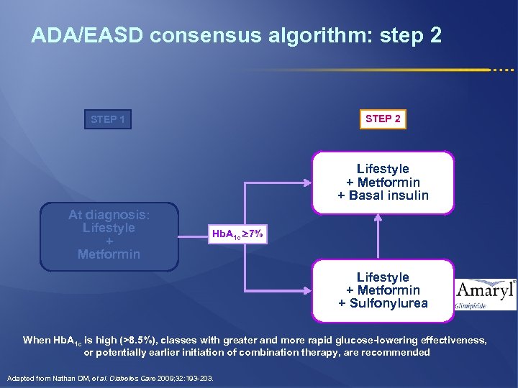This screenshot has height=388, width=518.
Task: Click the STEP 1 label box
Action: coord(108,119)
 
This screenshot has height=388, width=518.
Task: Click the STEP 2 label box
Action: coord(383,119)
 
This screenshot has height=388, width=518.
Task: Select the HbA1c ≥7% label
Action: coord(238,234)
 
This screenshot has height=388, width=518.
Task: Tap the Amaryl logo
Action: coord(486,292)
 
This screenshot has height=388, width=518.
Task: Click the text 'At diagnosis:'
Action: coord(109,214)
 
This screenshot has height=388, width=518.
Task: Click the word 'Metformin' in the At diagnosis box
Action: coord(109,254)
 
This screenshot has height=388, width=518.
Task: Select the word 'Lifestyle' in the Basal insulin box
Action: coord(383,169)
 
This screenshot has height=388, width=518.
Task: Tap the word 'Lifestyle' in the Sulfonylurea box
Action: coord(383,277)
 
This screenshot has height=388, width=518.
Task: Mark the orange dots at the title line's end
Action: coord(504,70)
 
